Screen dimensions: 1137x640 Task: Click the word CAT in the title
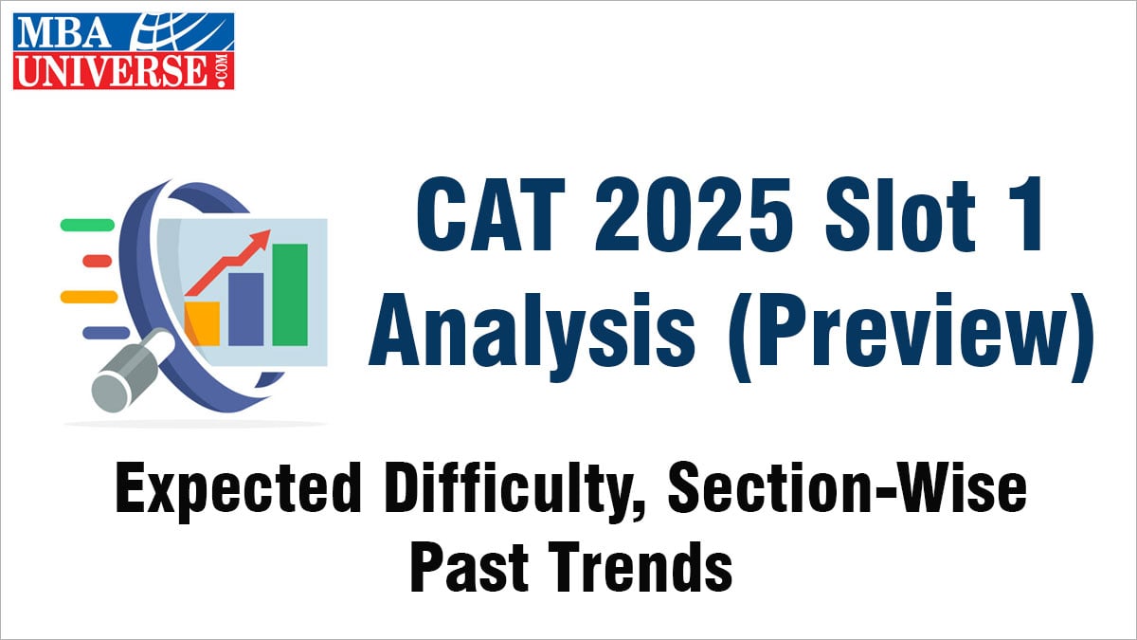(x=491, y=215)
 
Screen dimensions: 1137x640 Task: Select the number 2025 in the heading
(x=694, y=215)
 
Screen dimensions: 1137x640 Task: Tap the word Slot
(x=900, y=215)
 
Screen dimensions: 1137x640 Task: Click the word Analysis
(x=532, y=329)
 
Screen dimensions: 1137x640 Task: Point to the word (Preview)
(x=911, y=337)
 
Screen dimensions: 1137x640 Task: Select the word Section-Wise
(x=847, y=487)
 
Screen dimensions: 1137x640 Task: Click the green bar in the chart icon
(x=290, y=295)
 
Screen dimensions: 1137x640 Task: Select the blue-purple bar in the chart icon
(x=245, y=309)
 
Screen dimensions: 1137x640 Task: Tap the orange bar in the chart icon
(x=202, y=323)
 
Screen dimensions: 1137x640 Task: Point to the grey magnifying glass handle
(x=132, y=369)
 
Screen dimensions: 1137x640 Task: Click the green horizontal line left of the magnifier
(x=88, y=225)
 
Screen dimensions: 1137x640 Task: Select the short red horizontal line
(x=97, y=261)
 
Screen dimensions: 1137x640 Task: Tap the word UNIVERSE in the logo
(x=111, y=70)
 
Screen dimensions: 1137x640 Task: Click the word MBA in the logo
(x=64, y=32)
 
